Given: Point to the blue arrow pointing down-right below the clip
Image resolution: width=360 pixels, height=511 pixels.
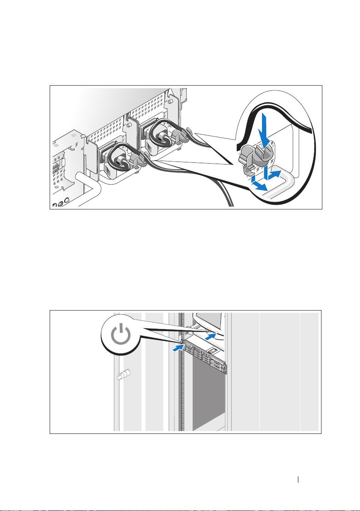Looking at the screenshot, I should pos(257,184).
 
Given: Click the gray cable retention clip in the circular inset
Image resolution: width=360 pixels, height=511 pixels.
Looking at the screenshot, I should pos(252,158).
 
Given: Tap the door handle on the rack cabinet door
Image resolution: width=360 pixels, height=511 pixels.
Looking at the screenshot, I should pos(122,377).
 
